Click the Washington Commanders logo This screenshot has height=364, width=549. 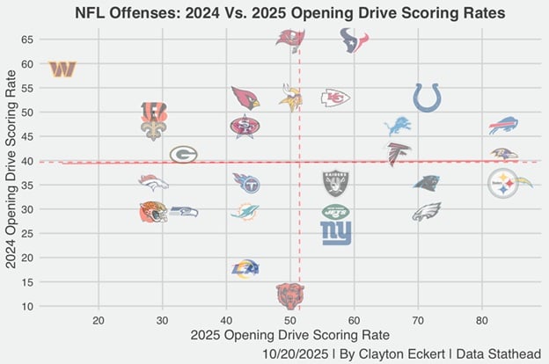(x=62, y=69)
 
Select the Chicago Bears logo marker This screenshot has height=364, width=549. (x=290, y=295)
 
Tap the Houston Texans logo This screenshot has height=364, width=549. (x=354, y=40)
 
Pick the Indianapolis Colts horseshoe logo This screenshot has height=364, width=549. (x=427, y=97)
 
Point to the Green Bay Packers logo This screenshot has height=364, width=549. (x=183, y=155)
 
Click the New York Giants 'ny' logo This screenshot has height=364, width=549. (x=335, y=232)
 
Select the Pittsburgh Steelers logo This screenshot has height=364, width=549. (x=503, y=184)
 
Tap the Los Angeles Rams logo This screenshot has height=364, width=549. (x=245, y=269)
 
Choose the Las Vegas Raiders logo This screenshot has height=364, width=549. (x=335, y=183)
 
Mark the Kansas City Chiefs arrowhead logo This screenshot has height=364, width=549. (x=335, y=98)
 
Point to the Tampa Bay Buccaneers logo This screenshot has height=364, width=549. (x=290, y=38)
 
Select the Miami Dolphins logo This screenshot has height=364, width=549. (x=245, y=212)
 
